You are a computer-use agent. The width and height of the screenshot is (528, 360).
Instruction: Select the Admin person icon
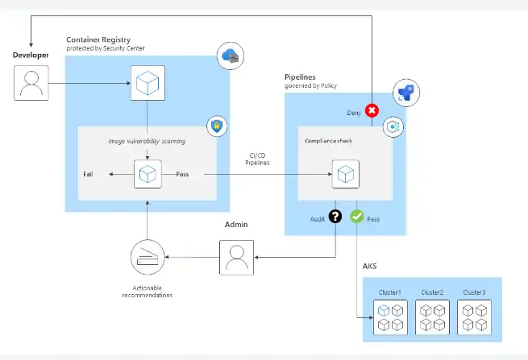click(x=237, y=257)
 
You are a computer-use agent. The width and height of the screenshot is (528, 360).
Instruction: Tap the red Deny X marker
click(x=372, y=111)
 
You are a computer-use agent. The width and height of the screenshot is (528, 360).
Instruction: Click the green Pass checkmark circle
click(x=357, y=217)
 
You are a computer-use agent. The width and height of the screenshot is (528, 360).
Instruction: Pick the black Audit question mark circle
click(x=335, y=217)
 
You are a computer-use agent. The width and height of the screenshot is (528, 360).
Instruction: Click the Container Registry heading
click(x=99, y=39)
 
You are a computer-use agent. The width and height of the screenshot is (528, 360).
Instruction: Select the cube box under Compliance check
click(x=345, y=174)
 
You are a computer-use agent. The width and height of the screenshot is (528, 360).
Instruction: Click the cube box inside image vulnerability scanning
click(x=148, y=174)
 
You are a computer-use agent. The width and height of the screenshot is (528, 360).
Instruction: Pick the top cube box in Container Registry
click(x=148, y=84)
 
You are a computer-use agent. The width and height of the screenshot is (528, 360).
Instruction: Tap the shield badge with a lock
click(x=216, y=126)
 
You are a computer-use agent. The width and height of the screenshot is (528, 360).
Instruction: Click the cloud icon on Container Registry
click(x=231, y=56)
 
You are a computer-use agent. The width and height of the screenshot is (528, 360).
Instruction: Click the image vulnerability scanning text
click(x=147, y=141)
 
